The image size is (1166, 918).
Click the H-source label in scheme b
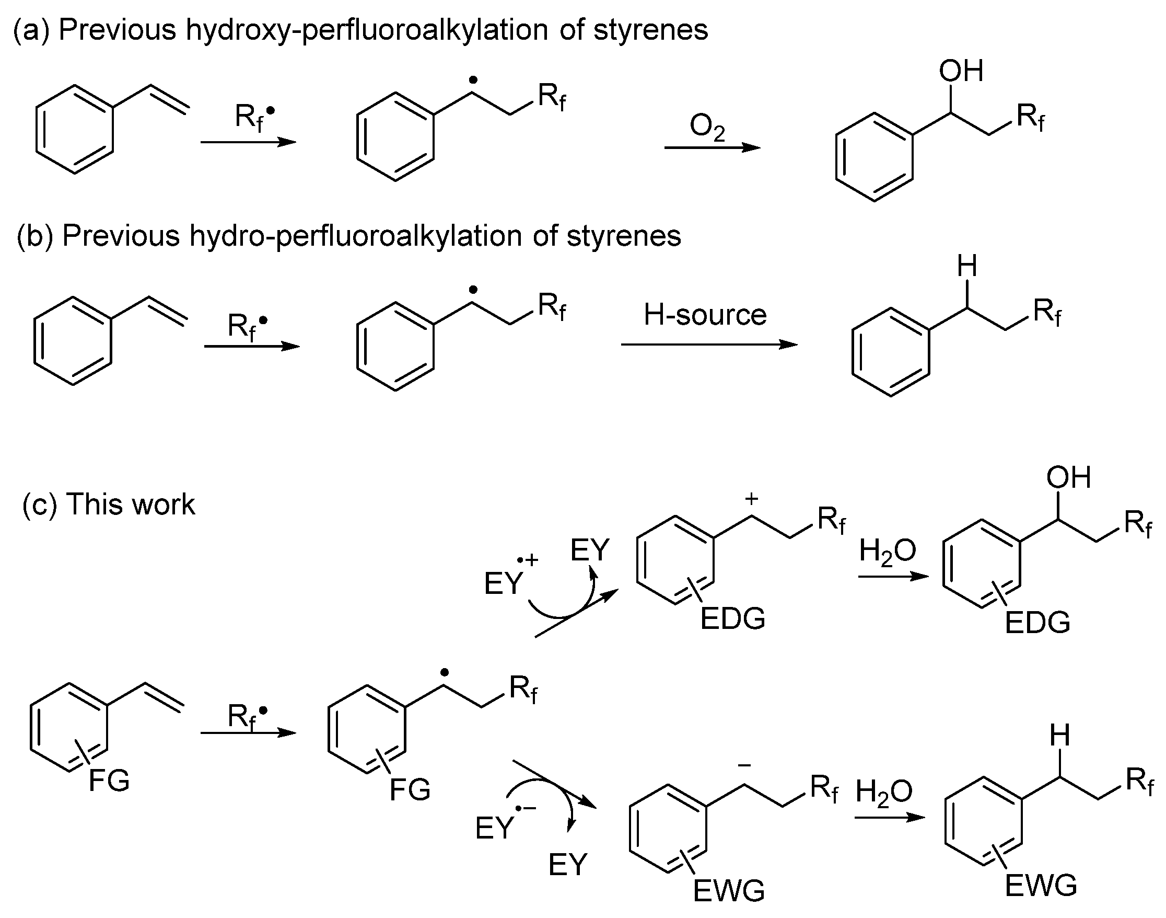point(705,315)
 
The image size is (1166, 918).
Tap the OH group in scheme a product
point(961,71)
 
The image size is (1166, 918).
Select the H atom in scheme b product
point(967,267)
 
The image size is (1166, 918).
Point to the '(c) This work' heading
point(109,504)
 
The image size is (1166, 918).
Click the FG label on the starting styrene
point(109,781)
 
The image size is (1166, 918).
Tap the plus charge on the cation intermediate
point(751,499)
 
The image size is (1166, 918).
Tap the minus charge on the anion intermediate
point(744,765)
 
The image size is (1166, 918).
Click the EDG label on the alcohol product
point(1037,623)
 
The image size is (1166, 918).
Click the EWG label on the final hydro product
point(1040,886)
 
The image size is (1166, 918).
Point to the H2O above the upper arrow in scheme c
point(887,552)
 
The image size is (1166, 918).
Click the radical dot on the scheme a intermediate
point(473,81)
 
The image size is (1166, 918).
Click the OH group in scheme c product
point(1068,477)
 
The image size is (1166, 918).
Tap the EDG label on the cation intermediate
point(732,618)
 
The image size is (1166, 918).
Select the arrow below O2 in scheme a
point(712,148)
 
